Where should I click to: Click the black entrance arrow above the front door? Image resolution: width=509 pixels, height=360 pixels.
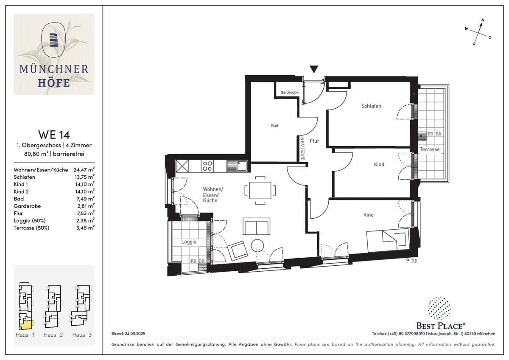[314, 69]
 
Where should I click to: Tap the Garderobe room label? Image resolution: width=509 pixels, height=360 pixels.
[289, 92]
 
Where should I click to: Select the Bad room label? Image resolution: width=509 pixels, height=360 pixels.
[274, 126]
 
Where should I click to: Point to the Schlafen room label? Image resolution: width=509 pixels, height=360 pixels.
[371, 106]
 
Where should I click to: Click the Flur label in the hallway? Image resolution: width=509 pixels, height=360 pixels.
[314, 141]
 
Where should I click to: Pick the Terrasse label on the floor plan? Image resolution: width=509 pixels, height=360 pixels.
[430, 149]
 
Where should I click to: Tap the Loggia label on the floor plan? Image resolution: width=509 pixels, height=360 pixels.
[189, 242]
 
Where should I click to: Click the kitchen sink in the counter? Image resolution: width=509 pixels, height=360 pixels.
[237, 166]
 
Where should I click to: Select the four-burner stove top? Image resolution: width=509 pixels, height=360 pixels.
[207, 166]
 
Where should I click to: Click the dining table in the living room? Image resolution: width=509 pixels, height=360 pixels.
[260, 190]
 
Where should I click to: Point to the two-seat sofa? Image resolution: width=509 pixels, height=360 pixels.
[256, 226]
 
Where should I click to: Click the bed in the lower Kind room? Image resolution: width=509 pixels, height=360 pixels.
[388, 241]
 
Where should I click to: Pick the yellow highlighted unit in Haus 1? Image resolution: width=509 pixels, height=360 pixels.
[26, 325]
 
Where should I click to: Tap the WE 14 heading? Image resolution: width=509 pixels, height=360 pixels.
[54, 135]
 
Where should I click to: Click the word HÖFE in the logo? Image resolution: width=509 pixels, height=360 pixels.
[54, 83]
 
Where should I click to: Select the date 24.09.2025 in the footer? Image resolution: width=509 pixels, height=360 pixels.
[135, 334]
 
